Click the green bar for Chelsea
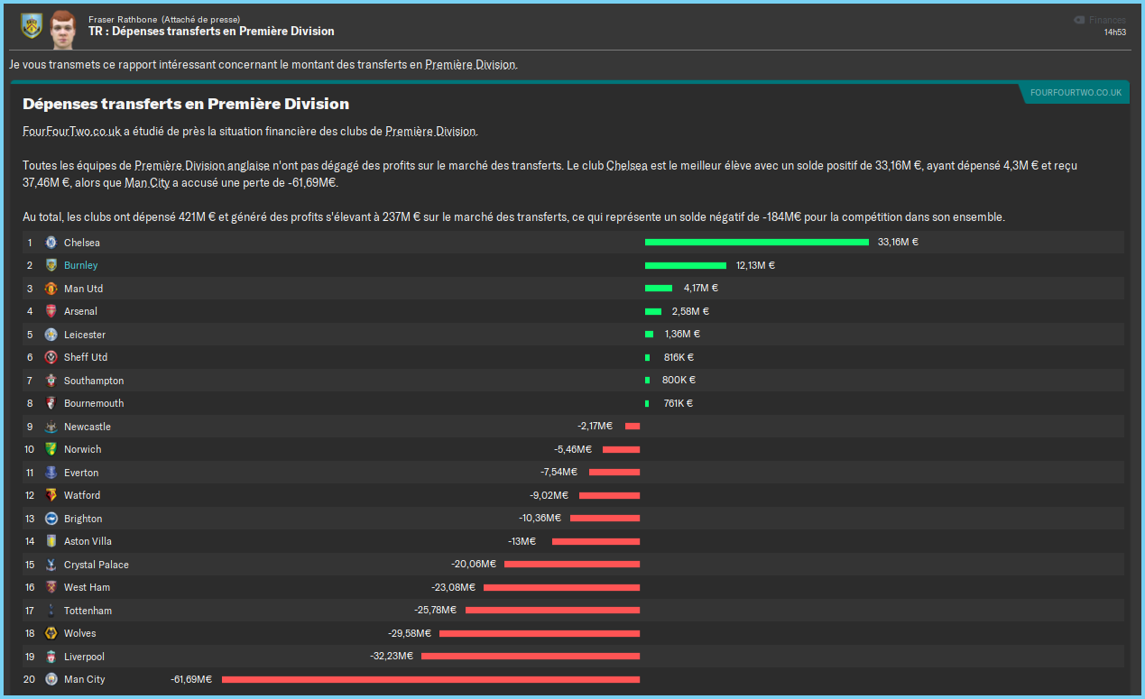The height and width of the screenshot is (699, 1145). pyautogui.click(x=756, y=242)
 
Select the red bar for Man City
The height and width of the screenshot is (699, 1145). pyautogui.click(x=430, y=679)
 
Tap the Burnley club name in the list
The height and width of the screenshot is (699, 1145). pyautogui.click(x=81, y=265)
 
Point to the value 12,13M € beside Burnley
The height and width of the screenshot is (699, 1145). pyautogui.click(x=755, y=265)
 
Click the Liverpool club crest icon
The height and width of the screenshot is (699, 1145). pyautogui.click(x=51, y=657)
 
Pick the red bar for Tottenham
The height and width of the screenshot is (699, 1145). pyautogui.click(x=552, y=611)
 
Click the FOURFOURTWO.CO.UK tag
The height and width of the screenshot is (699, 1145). pyautogui.click(x=1076, y=93)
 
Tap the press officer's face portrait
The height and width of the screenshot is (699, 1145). pyautogui.click(x=62, y=30)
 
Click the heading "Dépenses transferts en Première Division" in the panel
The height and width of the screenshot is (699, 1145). pyautogui.click(x=186, y=105)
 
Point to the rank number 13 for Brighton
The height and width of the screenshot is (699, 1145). pyautogui.click(x=30, y=519)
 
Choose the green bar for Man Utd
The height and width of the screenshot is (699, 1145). pyautogui.click(x=658, y=289)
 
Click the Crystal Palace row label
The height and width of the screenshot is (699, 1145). pyautogui.click(x=97, y=565)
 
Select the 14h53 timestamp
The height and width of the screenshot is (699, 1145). pyautogui.click(x=1114, y=32)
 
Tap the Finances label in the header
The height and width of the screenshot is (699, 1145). pyautogui.click(x=1106, y=20)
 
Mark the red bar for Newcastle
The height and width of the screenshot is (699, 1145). pyautogui.click(x=633, y=427)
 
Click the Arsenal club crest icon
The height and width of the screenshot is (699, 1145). pyautogui.click(x=51, y=311)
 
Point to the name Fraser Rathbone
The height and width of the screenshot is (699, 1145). pyautogui.click(x=123, y=19)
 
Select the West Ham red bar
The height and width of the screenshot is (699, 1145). pyautogui.click(x=561, y=587)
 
